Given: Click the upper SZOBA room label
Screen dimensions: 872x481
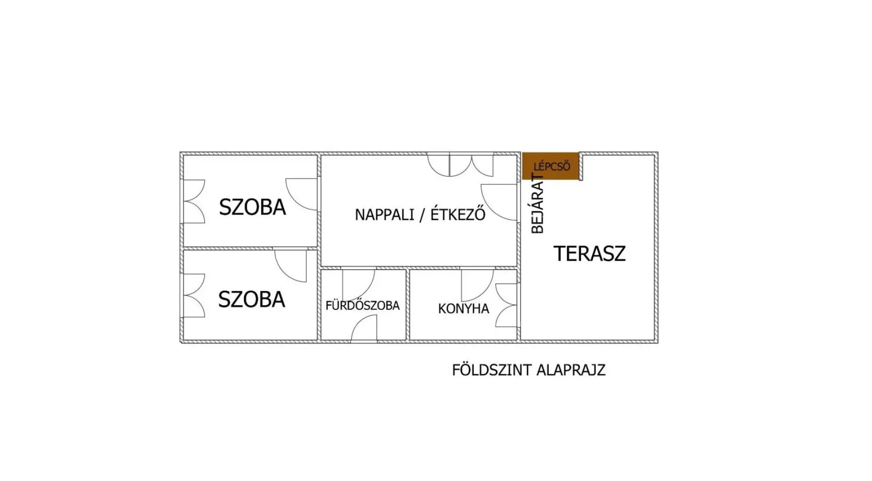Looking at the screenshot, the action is point(253,207).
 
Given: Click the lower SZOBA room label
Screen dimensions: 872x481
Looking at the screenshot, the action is point(252,299).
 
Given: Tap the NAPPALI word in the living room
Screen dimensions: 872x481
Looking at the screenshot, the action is point(385,214).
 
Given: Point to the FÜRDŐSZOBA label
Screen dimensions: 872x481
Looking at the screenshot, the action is point(362,305).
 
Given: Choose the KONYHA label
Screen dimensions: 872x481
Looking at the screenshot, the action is point(464,309).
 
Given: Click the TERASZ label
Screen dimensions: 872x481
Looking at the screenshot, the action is point(590,253).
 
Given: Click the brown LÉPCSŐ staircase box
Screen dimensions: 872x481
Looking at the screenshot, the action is point(550,166).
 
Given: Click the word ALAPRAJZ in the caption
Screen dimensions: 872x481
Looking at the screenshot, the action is point(571,370).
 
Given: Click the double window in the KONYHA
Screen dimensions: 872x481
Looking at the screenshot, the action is point(506,305).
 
